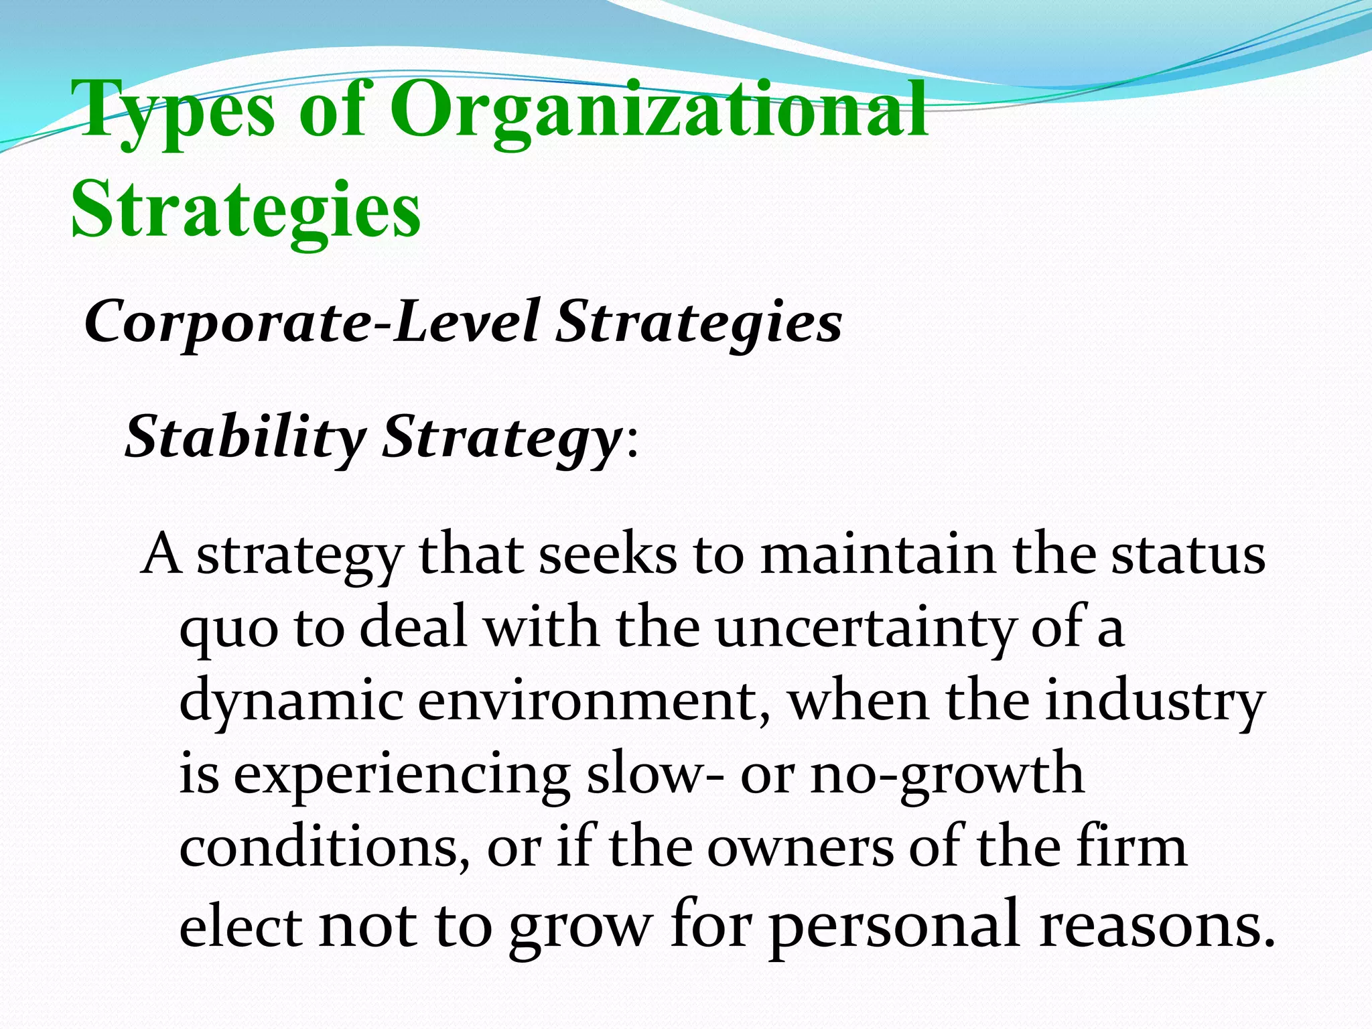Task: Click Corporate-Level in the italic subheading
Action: (311, 322)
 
